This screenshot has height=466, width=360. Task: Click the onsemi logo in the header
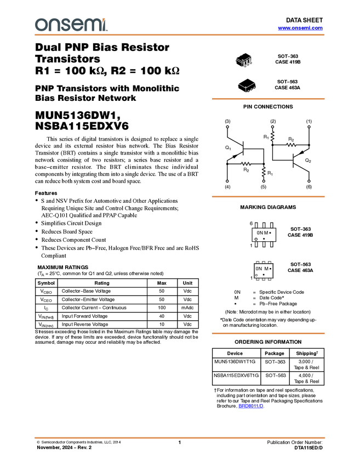[71, 25]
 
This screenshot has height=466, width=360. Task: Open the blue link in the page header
[300, 28]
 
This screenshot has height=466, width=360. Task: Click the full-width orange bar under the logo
[180, 35]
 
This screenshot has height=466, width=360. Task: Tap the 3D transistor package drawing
[244, 60]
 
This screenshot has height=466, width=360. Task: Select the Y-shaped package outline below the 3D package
[247, 87]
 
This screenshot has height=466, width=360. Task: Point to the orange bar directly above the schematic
[268, 99]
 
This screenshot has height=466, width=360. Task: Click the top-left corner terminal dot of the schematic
[227, 127]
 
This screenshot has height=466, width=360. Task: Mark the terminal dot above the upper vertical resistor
[272, 127]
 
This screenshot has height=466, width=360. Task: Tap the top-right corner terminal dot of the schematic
[309, 127]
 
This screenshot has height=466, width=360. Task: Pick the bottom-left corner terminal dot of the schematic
[227, 181]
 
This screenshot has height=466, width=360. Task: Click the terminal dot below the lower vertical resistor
[264, 181]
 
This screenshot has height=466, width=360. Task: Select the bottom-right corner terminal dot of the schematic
[309, 181]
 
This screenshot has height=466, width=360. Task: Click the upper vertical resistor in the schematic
[272, 136]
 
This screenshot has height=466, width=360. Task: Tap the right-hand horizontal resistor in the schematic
[291, 145]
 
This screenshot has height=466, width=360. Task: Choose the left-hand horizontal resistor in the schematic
[245, 164]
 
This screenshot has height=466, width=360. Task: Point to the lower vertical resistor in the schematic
[264, 172]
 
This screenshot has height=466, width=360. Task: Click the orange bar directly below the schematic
[268, 197]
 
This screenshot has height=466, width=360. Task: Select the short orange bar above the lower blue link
[268, 333]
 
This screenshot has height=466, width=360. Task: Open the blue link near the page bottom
[251, 406]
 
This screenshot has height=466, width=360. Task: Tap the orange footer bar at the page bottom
[180, 438]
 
